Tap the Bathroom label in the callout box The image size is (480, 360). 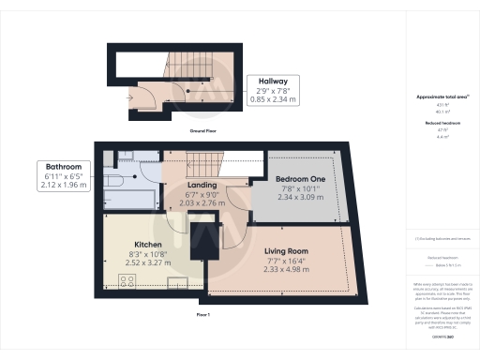coord(64,165)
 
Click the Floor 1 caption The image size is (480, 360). coord(204,314)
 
